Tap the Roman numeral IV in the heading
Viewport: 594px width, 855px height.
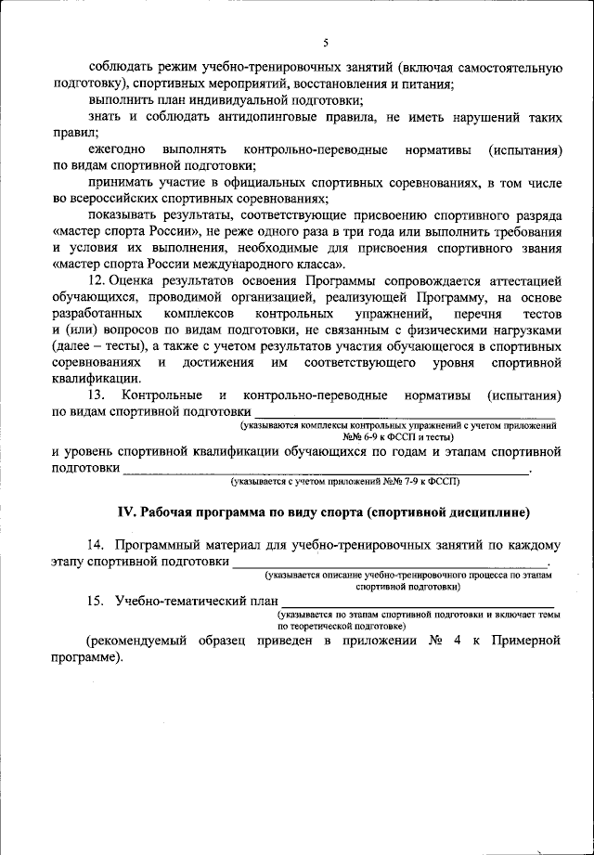coord(125,512)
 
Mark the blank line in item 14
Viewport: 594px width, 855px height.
coord(390,564)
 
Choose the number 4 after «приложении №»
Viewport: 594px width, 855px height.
coord(458,641)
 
